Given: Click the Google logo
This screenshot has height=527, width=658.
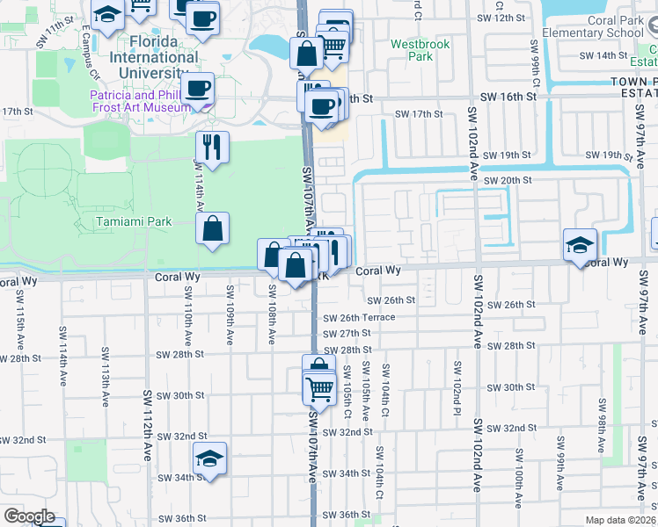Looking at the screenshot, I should [x=29, y=516].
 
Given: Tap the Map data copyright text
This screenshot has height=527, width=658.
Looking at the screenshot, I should [x=620, y=520].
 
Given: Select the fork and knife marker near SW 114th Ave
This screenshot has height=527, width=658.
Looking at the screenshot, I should [x=211, y=146].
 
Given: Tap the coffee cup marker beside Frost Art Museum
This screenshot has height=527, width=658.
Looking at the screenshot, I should [x=200, y=89].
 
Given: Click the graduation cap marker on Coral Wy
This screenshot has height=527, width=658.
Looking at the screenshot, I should [x=580, y=245].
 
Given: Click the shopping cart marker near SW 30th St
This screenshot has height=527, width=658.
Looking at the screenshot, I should [x=319, y=386].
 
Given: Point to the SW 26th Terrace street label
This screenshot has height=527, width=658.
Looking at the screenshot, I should [x=359, y=318].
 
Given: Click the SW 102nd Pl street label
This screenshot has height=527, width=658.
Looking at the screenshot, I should [x=457, y=379].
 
